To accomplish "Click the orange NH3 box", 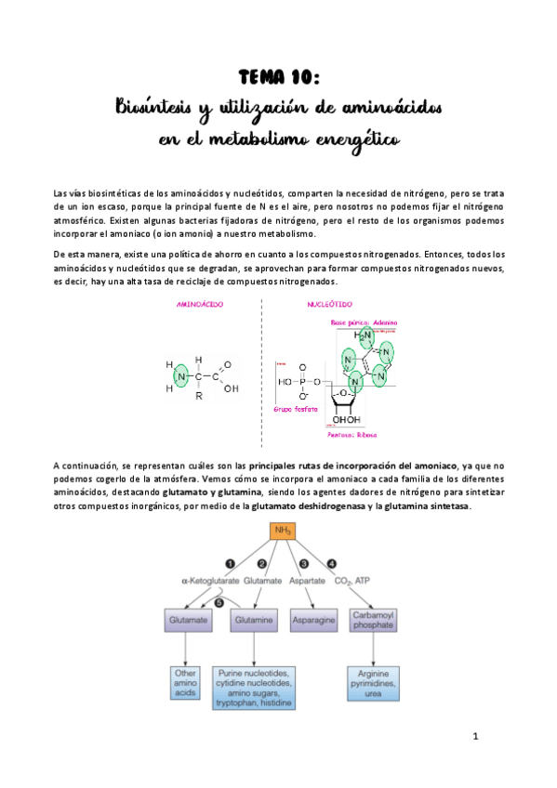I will pyautogui.click(x=283, y=532).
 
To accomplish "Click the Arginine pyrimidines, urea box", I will pyautogui.click(x=373, y=683).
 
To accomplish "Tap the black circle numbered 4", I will pyautogui.click(x=332, y=563).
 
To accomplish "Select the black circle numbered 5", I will pyautogui.click(x=219, y=602).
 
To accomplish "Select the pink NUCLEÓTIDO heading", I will pyautogui.click(x=328, y=305).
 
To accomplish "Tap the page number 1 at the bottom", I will pyautogui.click(x=474, y=738).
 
